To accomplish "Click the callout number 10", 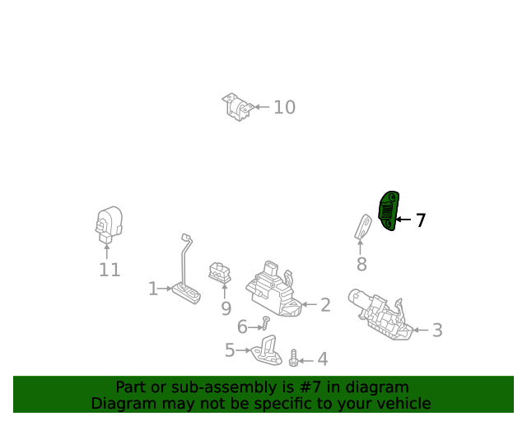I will (x=284, y=107).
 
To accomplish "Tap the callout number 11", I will (x=110, y=270).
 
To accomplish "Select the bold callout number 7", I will (x=420, y=220).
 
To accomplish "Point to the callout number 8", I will (x=361, y=264).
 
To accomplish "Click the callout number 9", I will (x=226, y=308).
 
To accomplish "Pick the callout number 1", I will (x=153, y=289).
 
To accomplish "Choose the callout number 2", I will (x=325, y=305).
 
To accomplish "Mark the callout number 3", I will (x=437, y=331).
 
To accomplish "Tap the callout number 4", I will (x=323, y=359).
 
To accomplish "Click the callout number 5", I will (x=230, y=350).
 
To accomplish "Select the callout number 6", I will (x=242, y=327).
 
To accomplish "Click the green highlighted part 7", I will (x=389, y=211).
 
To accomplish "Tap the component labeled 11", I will (x=107, y=224).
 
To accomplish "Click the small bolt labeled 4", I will (x=293, y=359).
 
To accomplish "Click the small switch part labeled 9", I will (x=220, y=271).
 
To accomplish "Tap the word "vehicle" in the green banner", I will (x=403, y=404).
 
